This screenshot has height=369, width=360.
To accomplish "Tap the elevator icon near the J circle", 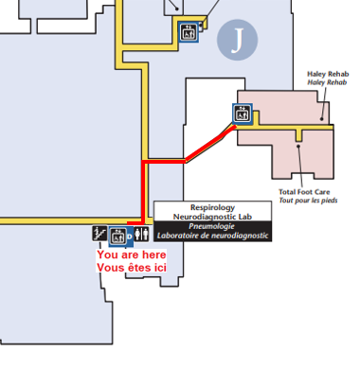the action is point(188,32).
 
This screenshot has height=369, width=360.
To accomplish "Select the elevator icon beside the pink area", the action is point(243,112).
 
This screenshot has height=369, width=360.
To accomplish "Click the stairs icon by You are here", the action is point(99,234).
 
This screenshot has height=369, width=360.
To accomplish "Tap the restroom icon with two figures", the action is point(142,234).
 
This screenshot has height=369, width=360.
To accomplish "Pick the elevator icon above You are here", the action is point(119,234).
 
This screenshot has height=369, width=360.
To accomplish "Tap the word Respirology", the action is point(212,207).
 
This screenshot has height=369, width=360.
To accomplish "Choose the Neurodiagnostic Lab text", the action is point(212,218).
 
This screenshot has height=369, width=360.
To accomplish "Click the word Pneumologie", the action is point(212,227).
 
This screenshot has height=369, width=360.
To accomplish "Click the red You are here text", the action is point(131,255).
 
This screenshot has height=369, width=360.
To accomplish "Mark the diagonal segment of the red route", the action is point(209,143).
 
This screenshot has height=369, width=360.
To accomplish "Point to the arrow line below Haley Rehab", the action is point(326,105).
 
